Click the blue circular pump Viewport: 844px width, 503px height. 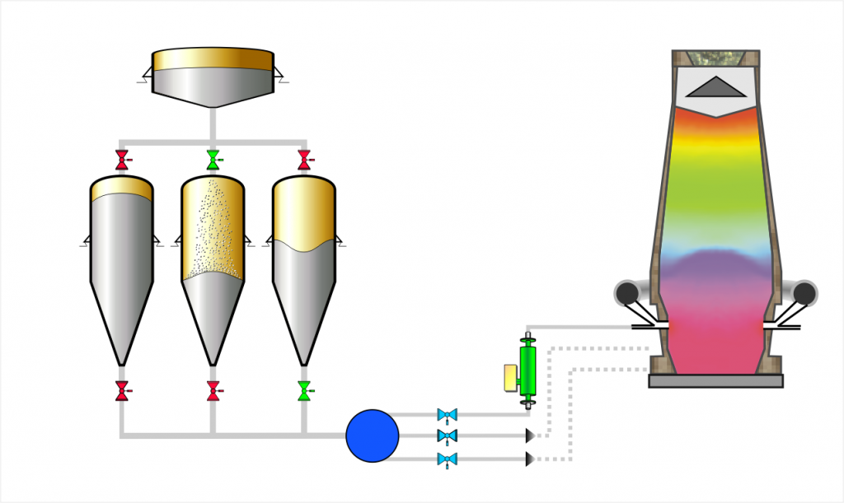[373, 435]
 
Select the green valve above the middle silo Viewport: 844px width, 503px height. [213, 159]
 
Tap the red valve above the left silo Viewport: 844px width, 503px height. [122, 159]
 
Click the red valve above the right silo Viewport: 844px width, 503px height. [304, 159]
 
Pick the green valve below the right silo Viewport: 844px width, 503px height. [304, 390]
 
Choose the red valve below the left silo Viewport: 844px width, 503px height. [122, 390]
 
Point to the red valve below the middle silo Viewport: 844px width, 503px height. [213, 390]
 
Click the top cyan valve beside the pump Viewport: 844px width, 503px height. [447, 414]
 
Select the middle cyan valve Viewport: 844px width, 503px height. [447, 435]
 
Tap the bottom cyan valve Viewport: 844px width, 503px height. [447, 459]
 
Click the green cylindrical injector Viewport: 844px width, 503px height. [527, 370]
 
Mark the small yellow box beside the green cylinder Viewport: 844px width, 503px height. [510, 377]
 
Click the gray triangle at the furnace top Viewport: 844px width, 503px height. [715, 87]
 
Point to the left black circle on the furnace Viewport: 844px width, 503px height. [628, 292]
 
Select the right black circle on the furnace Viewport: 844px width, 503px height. [804, 292]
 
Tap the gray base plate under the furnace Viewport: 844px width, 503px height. [715, 380]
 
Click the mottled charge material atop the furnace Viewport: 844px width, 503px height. [715, 58]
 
